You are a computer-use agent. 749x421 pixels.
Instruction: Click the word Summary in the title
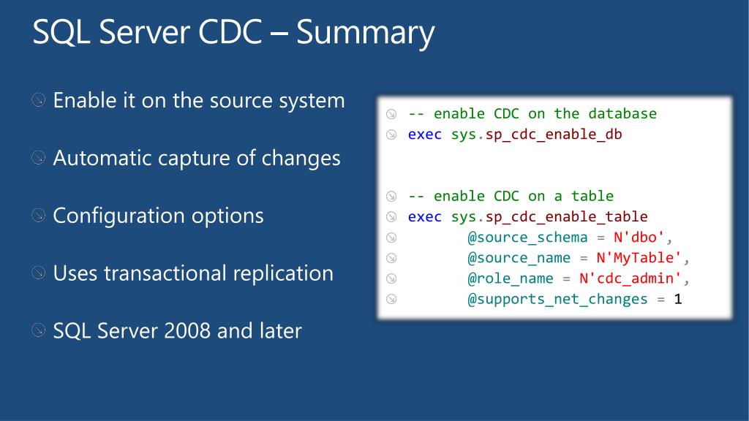365,33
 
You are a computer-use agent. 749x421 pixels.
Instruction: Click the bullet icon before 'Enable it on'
39,99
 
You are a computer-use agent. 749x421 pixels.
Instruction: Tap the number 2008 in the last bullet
189,331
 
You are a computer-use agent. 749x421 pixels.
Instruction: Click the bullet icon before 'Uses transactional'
39,273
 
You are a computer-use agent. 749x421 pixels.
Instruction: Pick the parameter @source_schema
527,238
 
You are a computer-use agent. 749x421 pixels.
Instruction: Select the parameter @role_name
510,278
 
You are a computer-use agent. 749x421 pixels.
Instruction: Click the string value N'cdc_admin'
631,278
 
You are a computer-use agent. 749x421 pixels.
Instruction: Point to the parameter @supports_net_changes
557,299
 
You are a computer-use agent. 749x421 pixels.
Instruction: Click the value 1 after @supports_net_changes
678,299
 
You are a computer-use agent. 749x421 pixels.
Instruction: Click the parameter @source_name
519,258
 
